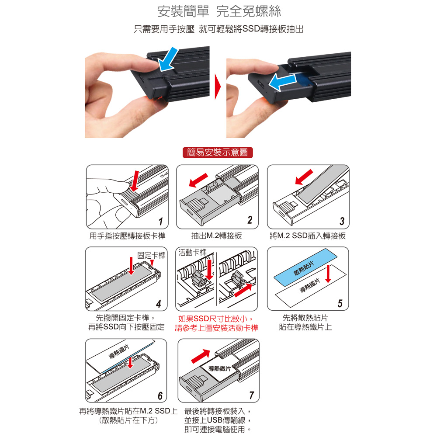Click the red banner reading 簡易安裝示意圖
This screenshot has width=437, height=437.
(x=217, y=153)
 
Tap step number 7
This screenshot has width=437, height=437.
(x=251, y=396)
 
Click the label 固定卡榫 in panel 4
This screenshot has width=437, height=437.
(x=151, y=255)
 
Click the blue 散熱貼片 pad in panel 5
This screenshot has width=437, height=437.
(x=305, y=266)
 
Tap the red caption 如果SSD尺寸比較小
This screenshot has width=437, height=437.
(x=217, y=319)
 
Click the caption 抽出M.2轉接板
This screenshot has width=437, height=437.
(x=217, y=236)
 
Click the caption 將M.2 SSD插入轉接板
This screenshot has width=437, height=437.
(x=308, y=236)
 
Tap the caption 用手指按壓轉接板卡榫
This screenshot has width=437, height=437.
(x=127, y=236)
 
